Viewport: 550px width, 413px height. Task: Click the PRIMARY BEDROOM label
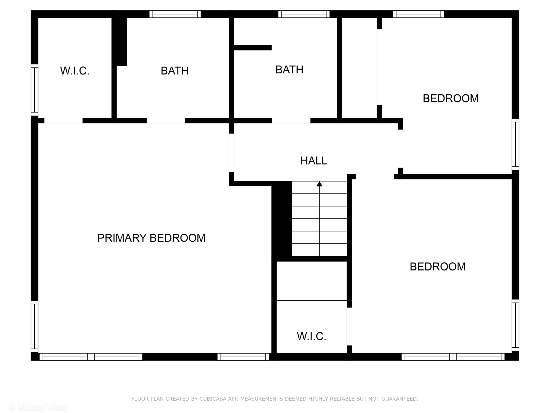tap(151, 238)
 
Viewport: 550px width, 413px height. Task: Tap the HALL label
tap(313, 161)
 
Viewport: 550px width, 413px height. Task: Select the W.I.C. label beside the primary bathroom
tap(75, 71)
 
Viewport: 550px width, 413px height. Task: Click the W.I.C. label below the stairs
tap(311, 336)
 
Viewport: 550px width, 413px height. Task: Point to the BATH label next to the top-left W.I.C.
tap(175, 71)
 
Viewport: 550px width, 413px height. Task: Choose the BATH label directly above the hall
tap(289, 70)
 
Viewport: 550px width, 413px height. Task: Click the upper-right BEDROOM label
tap(450, 98)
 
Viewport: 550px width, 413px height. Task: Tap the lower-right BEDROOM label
tap(437, 267)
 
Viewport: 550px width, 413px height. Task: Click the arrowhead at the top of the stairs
tap(319, 184)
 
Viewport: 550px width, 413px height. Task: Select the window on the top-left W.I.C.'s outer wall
tap(34, 90)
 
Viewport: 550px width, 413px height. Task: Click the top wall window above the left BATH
tap(175, 14)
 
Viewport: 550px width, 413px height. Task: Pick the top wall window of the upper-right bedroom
tap(418, 14)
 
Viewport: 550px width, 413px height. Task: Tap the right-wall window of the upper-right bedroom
tap(515, 144)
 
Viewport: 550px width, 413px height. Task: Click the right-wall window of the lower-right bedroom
tap(515, 325)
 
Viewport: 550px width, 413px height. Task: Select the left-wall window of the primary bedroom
tap(34, 326)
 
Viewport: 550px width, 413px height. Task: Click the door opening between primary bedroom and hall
tap(231, 152)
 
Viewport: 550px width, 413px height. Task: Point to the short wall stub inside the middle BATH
tap(252, 48)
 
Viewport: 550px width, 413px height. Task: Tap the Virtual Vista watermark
tap(37, 407)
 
